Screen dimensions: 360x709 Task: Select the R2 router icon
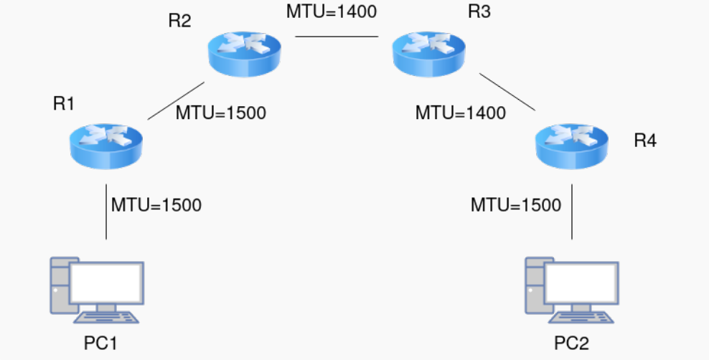[245, 54]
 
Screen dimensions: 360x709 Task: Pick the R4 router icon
[572, 146]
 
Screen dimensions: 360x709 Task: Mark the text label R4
[645, 141]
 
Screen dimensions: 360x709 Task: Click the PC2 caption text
[572, 344]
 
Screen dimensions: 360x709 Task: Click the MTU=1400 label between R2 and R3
[332, 11]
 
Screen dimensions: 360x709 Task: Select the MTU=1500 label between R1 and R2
[221, 113]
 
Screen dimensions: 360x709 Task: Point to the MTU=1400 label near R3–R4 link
[461, 113]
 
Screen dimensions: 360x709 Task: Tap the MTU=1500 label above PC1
[156, 204]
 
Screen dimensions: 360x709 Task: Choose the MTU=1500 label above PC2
[516, 205]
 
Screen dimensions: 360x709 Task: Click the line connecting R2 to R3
[337, 37]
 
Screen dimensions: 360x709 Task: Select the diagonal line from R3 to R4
[507, 91]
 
